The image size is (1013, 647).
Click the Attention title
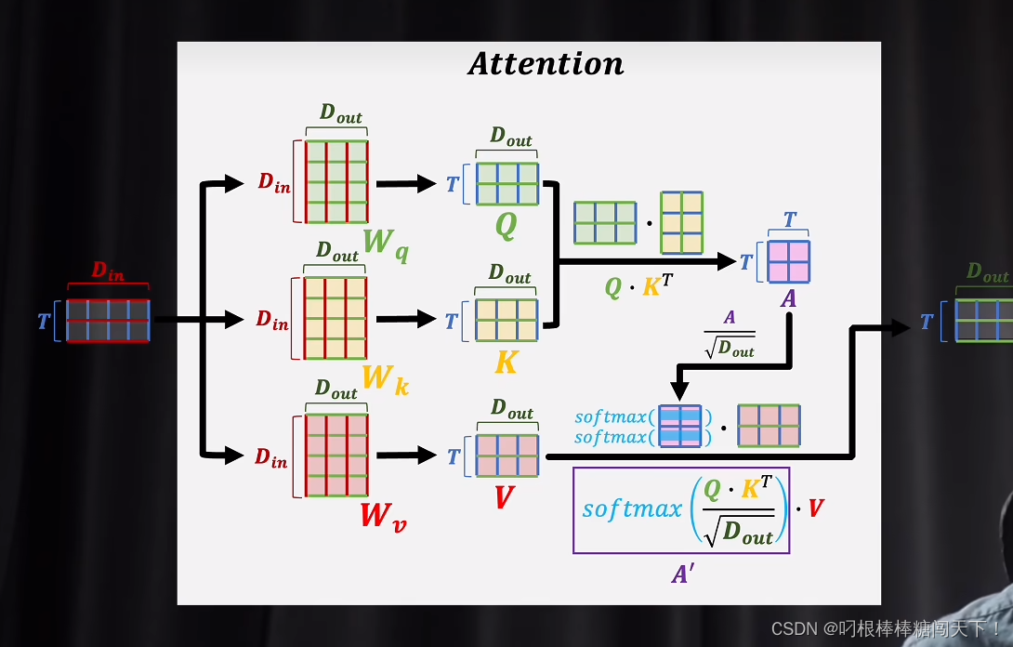[x=546, y=63]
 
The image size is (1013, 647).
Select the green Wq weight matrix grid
[x=335, y=181]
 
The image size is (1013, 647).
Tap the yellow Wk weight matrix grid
[x=335, y=318]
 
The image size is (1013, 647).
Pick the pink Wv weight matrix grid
[x=335, y=456]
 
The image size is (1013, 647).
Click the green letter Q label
[x=506, y=225]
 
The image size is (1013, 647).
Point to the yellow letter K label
[x=506, y=362]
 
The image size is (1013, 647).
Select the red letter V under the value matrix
[x=504, y=498]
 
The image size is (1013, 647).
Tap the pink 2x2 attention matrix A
[x=788, y=261]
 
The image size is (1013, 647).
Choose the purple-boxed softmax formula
[x=681, y=510]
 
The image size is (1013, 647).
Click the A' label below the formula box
[x=683, y=574]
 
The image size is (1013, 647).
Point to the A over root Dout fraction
[x=730, y=334]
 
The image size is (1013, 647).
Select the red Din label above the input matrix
[x=108, y=271]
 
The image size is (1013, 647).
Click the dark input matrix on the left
[x=108, y=320]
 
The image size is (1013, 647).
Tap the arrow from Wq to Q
[x=405, y=183]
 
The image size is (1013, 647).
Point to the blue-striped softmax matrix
[x=679, y=426]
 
